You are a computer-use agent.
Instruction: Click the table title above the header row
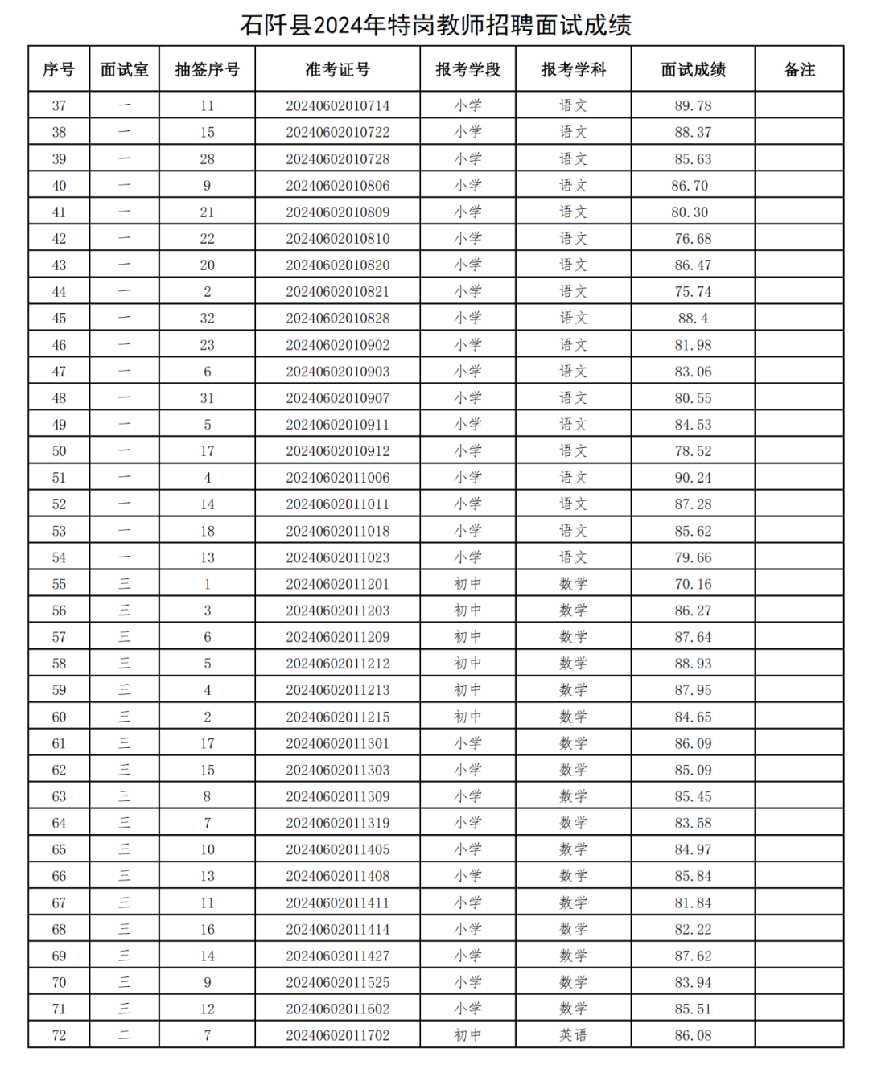[435, 25]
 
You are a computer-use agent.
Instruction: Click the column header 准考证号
[337, 70]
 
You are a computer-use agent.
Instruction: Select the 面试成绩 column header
[693, 70]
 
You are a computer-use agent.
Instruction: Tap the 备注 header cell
[799, 70]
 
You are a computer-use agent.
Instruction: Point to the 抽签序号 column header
[207, 70]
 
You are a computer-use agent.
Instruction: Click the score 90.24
[693, 478]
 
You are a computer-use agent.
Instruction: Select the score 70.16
[693, 584]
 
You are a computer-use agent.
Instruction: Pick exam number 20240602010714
[337, 105]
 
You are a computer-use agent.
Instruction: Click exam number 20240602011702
[337, 1035]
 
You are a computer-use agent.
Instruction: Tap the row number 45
[59, 319]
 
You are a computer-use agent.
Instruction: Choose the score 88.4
[693, 319]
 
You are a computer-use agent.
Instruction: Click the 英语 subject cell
[573, 1035]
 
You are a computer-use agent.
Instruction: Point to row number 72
[59, 1035]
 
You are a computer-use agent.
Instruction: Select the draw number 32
[207, 319]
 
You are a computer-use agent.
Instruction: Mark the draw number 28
[207, 159]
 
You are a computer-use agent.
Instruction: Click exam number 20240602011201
[337, 584]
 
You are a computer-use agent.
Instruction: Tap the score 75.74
[693, 292]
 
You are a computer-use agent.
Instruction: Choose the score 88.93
[693, 664]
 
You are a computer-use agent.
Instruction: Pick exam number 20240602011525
[337, 982]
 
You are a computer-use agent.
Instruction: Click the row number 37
[59, 105]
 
